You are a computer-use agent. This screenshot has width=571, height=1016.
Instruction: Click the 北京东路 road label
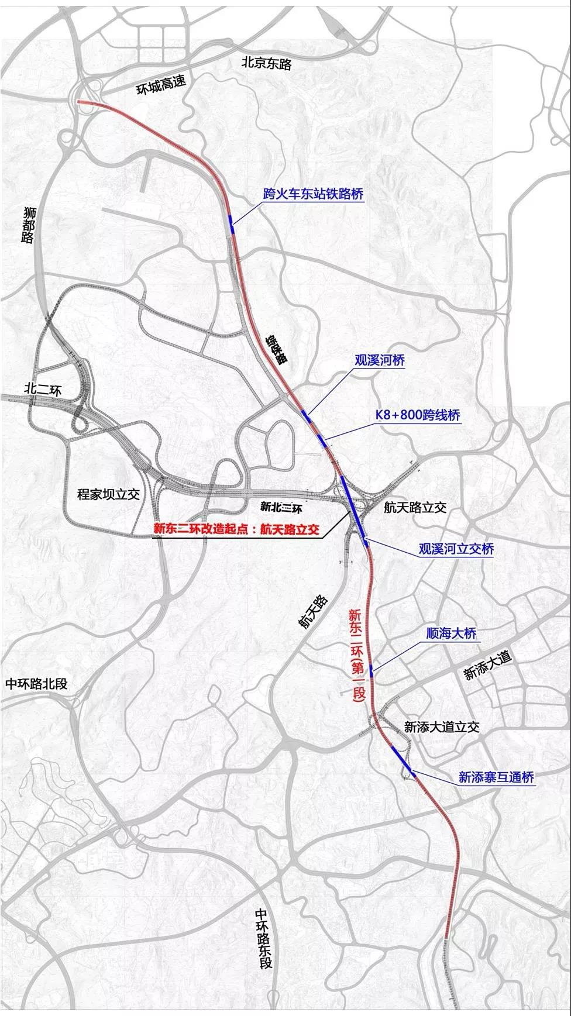(266, 64)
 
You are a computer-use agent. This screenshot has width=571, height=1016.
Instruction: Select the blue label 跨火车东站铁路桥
(313, 194)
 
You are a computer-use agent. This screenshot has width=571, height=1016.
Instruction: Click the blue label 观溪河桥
(380, 360)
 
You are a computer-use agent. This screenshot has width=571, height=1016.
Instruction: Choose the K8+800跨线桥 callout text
(418, 415)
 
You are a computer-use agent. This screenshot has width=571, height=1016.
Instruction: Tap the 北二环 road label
(43, 388)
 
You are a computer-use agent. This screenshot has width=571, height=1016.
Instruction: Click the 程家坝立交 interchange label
(109, 494)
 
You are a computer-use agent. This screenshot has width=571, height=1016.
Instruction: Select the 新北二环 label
(284, 503)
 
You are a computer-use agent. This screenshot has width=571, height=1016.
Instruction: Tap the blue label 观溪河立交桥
(456, 549)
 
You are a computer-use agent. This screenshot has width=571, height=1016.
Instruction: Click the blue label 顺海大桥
(452, 633)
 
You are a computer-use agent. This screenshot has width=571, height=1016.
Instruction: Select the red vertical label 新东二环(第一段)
(357, 655)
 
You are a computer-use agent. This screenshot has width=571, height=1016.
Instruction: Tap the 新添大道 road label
(487, 666)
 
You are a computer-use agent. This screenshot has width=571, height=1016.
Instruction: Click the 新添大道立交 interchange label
(442, 727)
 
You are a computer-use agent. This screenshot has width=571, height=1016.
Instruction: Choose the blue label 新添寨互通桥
(496, 777)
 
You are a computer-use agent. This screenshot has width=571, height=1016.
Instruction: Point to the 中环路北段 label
(37, 683)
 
